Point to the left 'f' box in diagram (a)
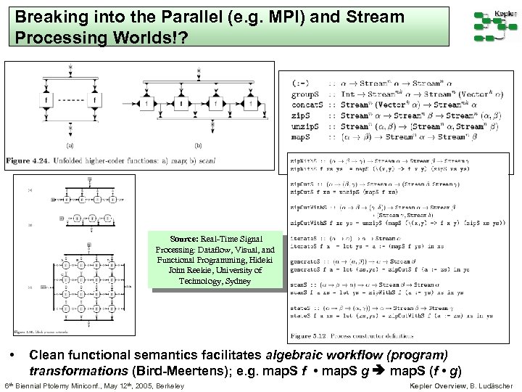point(46,100)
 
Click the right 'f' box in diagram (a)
point(94,100)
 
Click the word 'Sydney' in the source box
point(237,281)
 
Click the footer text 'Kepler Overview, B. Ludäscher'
point(462,385)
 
